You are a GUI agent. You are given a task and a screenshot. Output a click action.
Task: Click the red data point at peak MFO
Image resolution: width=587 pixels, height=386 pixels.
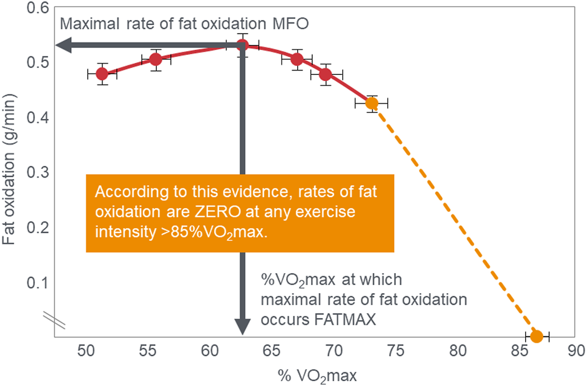pos(242,45)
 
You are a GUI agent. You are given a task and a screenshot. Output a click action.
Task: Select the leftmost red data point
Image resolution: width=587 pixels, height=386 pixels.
pos(102,74)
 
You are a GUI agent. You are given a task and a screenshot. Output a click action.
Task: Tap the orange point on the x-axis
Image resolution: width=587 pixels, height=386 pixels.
pos(536,337)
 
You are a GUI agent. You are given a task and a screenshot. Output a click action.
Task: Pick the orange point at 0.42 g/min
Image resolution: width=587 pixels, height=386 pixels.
pos(372,103)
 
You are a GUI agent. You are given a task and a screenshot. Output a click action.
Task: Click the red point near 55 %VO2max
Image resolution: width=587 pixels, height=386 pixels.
pos(156,59)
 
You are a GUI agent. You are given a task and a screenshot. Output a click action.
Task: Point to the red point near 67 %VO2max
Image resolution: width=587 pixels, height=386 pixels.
pos(297,59)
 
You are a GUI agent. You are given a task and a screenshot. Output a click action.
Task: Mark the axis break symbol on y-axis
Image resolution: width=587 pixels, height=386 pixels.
pos(51,319)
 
